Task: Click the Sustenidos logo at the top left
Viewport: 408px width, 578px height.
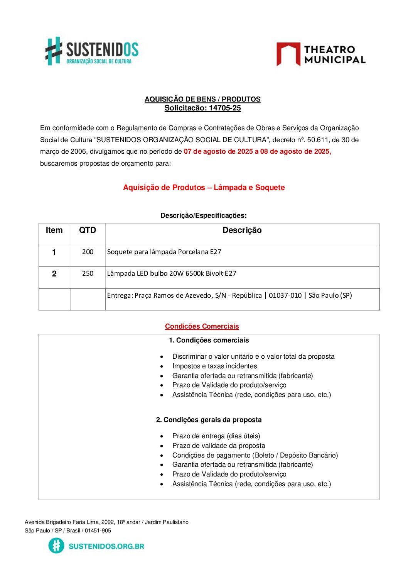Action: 92,51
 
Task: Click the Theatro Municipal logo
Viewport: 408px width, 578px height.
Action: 321,54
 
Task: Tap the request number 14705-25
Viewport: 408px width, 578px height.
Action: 224,108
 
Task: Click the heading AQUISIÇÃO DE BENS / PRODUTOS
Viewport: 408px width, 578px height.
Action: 202,99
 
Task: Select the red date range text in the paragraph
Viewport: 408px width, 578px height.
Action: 257,151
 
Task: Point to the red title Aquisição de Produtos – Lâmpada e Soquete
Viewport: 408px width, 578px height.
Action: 204,188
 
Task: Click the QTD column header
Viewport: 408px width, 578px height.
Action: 88,231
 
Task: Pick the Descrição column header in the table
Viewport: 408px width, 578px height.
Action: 242,231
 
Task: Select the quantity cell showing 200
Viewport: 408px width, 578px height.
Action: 88,252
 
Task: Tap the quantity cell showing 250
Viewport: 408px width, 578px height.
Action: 88,274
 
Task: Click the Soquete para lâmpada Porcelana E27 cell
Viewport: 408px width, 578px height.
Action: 164,252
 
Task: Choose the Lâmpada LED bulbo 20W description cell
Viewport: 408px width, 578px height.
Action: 172,274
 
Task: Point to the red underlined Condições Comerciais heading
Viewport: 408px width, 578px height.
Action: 202,327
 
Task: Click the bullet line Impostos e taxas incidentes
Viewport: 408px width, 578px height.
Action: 214,366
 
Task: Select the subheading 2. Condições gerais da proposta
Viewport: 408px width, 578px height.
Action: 209,420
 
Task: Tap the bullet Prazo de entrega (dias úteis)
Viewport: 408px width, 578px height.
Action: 216,436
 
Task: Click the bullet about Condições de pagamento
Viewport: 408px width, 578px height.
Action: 255,455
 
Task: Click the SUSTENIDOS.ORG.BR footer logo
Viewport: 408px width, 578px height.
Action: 96,546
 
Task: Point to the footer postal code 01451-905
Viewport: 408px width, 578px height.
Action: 98,531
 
